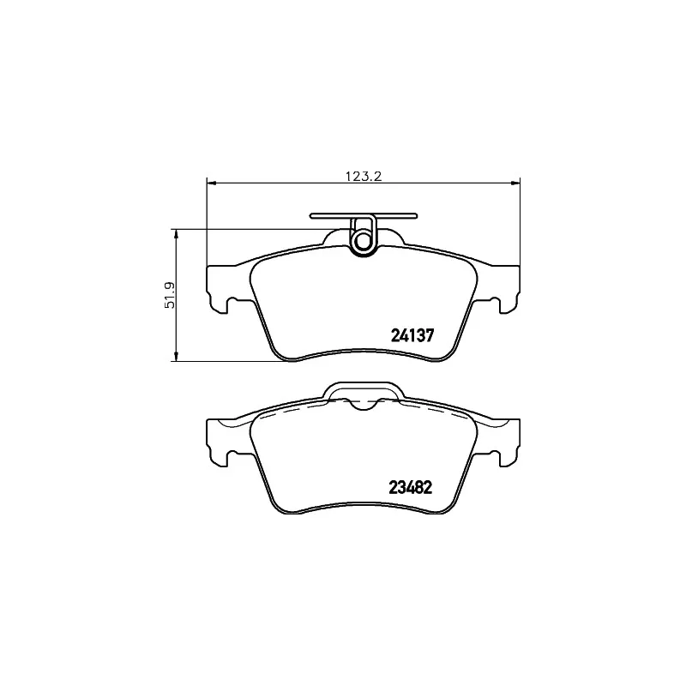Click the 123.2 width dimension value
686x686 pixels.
click(x=362, y=177)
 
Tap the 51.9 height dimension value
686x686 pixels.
click(x=170, y=295)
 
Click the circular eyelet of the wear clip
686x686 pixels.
click(x=364, y=242)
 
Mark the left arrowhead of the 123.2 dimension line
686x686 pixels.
click(x=212, y=182)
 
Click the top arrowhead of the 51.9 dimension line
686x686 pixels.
click(x=176, y=233)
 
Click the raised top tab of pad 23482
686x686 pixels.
click(x=363, y=391)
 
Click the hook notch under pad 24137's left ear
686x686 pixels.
click(x=226, y=304)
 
